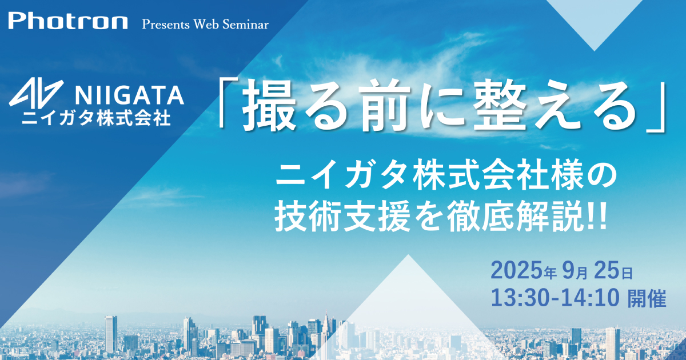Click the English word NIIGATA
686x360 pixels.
click(130, 95)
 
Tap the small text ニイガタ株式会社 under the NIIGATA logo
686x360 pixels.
click(96, 118)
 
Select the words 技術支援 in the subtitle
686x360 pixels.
click(342, 219)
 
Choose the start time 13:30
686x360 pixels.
click(516, 298)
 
